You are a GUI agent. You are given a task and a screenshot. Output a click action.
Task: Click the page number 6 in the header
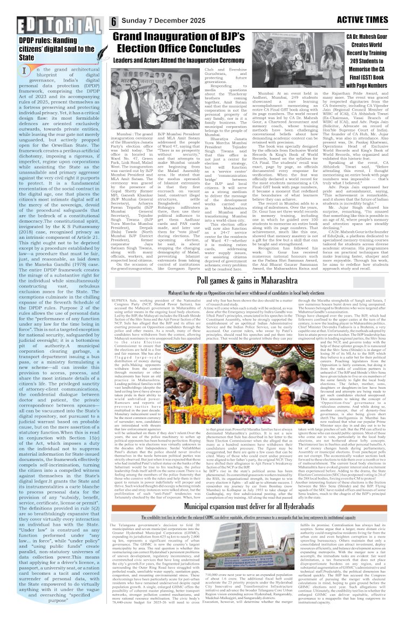114,21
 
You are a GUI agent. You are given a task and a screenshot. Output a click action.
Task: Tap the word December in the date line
176,21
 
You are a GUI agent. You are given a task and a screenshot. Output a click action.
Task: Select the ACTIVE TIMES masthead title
367,20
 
